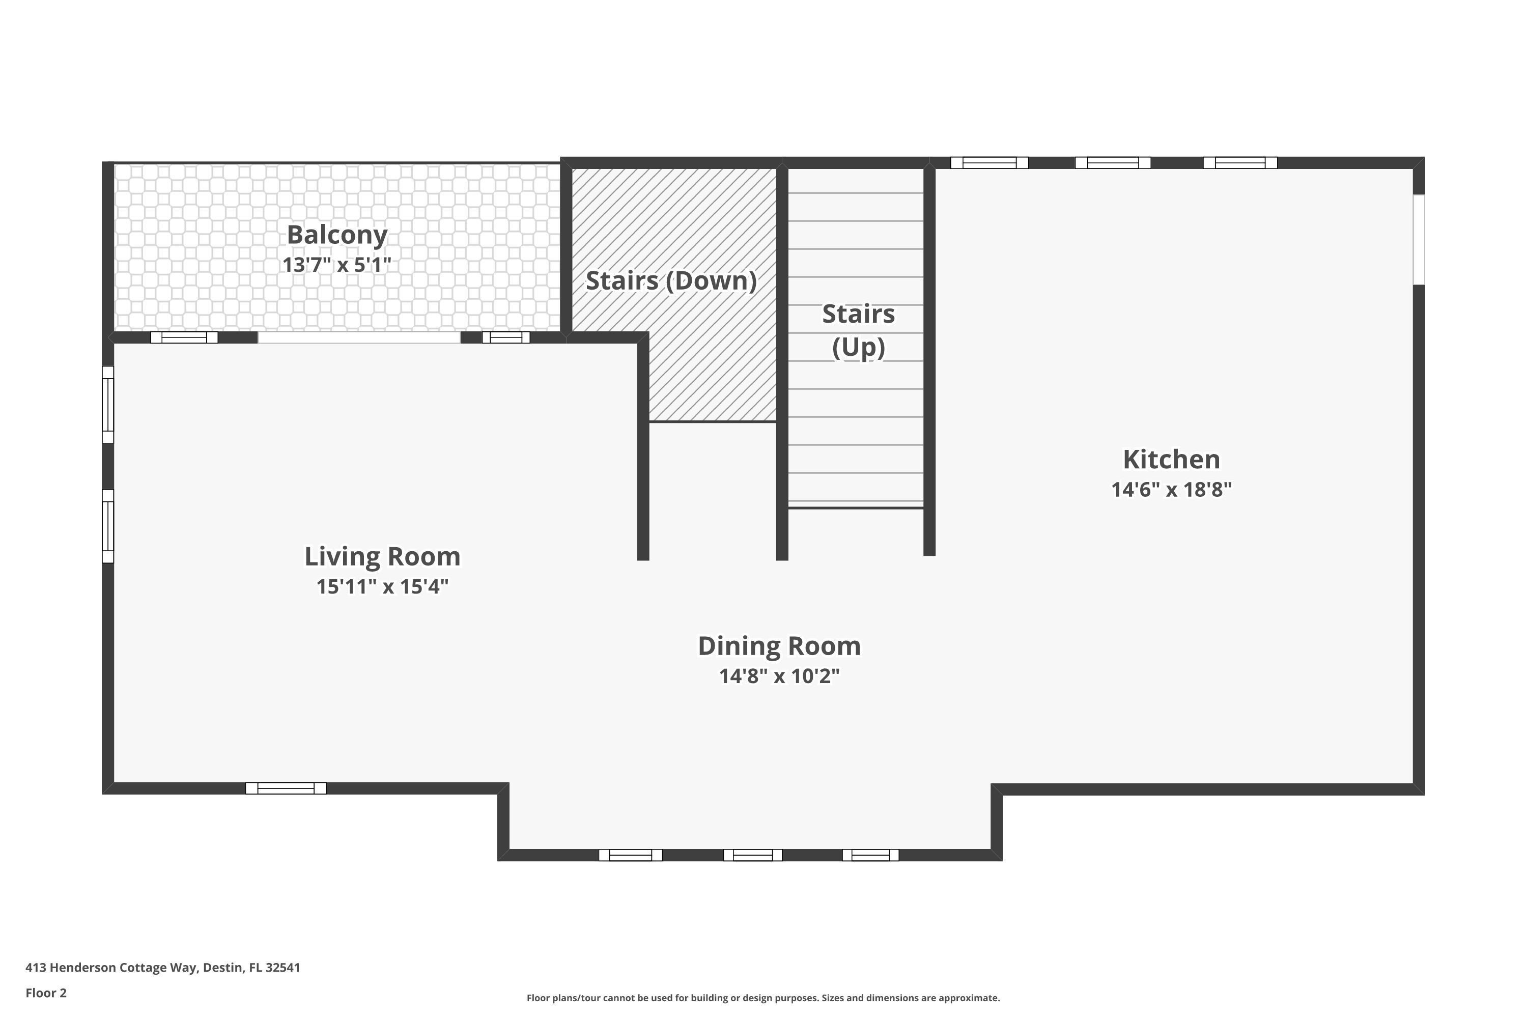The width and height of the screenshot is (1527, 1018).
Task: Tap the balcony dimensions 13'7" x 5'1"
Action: click(337, 265)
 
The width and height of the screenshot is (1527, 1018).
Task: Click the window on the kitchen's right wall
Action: click(1419, 240)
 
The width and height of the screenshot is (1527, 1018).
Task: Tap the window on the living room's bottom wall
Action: click(286, 788)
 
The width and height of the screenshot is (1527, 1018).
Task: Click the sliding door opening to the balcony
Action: click(359, 337)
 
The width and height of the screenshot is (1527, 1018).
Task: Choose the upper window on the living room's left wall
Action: click(108, 405)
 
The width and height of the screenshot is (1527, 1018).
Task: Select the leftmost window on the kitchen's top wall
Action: click(989, 163)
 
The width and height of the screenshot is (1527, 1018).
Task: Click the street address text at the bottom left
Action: click(162, 968)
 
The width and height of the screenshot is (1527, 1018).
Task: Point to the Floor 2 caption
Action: click(46, 993)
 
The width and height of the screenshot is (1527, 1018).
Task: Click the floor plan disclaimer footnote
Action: click(763, 998)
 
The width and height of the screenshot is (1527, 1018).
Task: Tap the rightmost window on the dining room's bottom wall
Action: click(870, 855)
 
